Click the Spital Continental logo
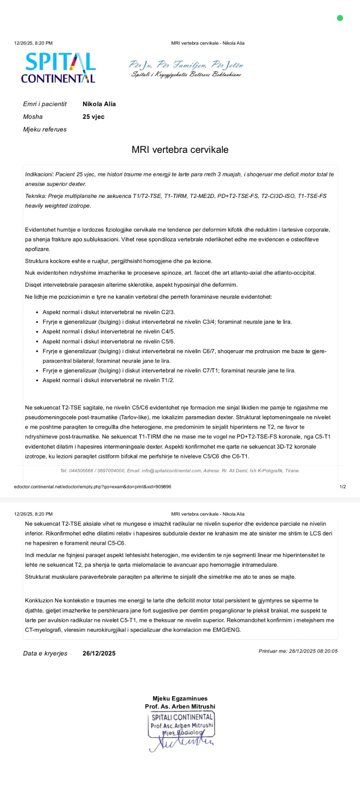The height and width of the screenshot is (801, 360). tap(58, 68)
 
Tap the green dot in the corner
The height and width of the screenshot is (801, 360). tap(340, 18)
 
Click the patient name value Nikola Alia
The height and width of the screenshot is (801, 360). tap(99, 104)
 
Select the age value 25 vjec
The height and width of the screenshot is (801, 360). tap(93, 117)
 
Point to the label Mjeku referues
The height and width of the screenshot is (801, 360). tap(45, 129)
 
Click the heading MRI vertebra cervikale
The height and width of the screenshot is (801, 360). tap(180, 150)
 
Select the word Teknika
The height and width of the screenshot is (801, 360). tap(36, 196)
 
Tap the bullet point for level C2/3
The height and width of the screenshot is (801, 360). tap(38, 312)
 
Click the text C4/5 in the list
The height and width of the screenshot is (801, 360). tap(168, 332)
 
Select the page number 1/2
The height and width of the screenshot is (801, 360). tap(342, 487)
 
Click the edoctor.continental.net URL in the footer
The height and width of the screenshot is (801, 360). tap(92, 487)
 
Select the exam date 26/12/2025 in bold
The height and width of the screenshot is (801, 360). tap(99, 654)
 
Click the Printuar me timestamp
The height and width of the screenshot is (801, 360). tap(298, 651)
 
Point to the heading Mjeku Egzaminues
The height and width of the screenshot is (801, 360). tap(180, 699)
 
